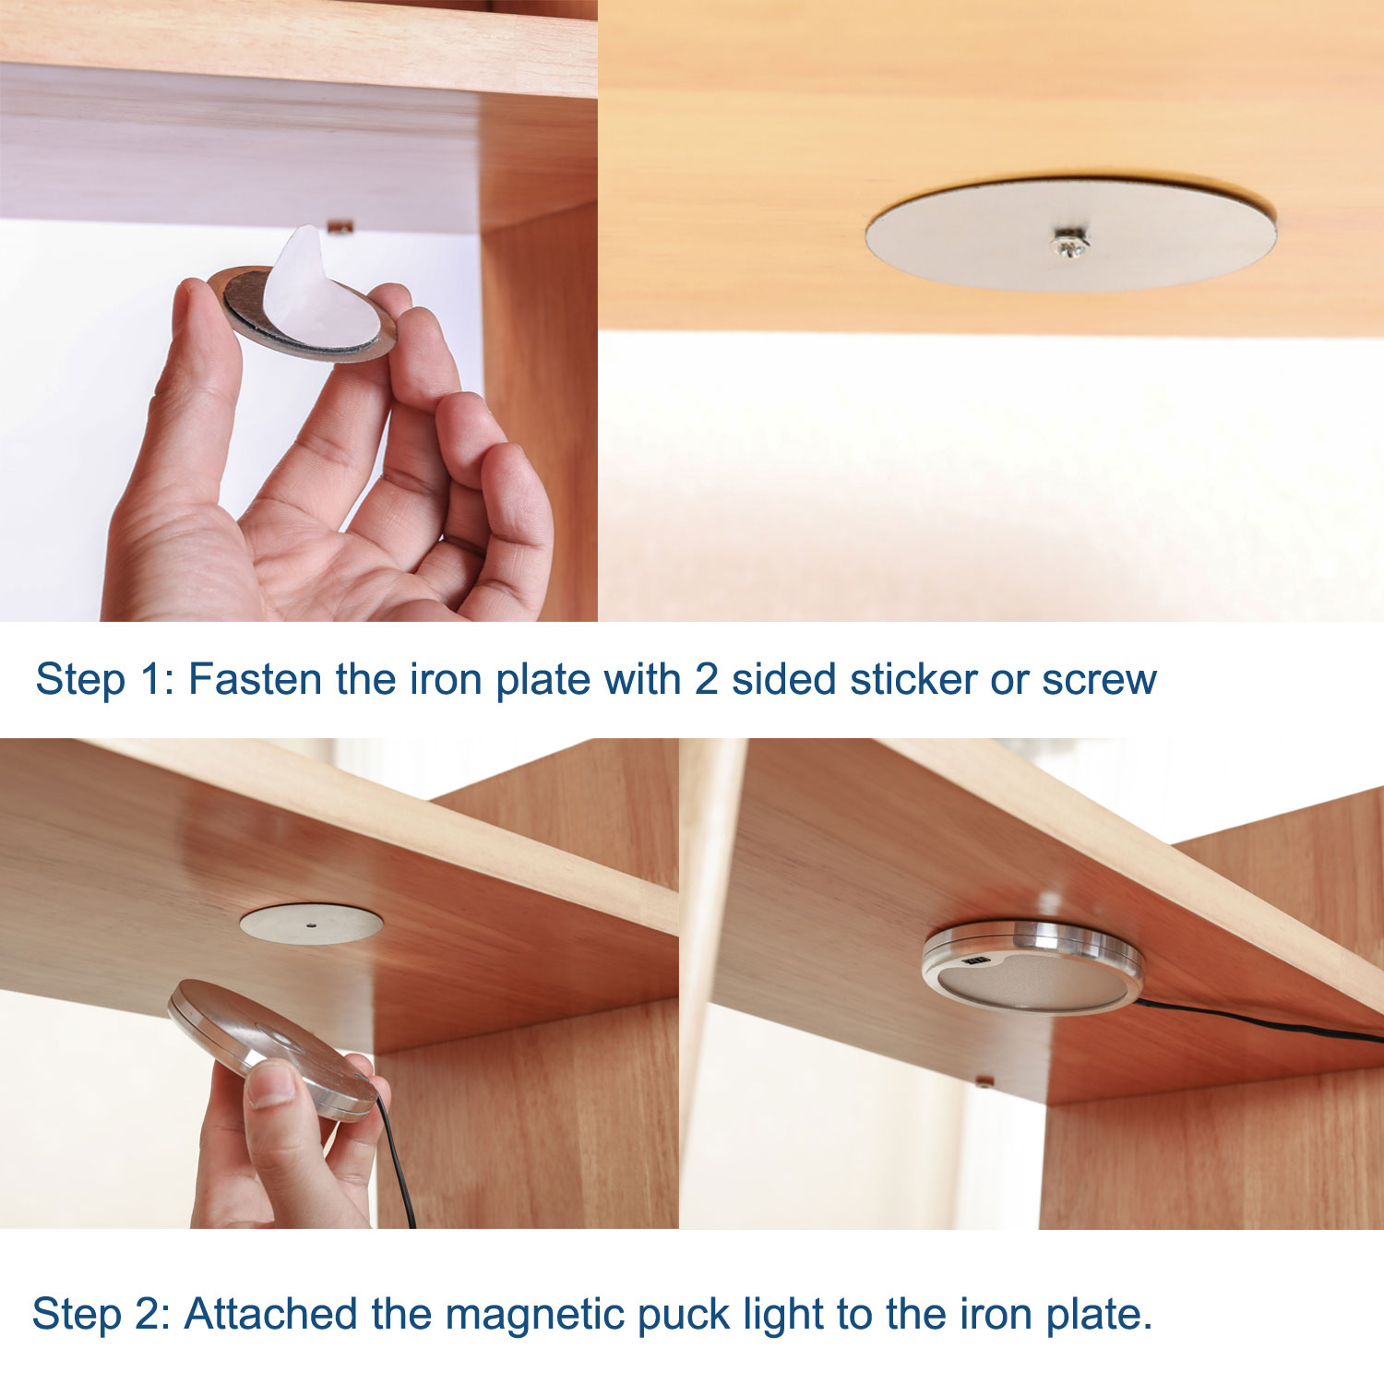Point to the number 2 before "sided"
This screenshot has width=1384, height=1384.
[x=706, y=680]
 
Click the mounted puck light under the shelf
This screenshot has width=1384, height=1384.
[x=1032, y=966]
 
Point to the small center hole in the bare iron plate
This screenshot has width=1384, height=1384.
[x=312, y=923]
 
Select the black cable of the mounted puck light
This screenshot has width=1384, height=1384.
[x=1259, y=1020]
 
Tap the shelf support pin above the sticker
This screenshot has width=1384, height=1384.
[x=340, y=226]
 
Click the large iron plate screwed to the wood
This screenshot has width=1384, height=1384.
[x=1071, y=234]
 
